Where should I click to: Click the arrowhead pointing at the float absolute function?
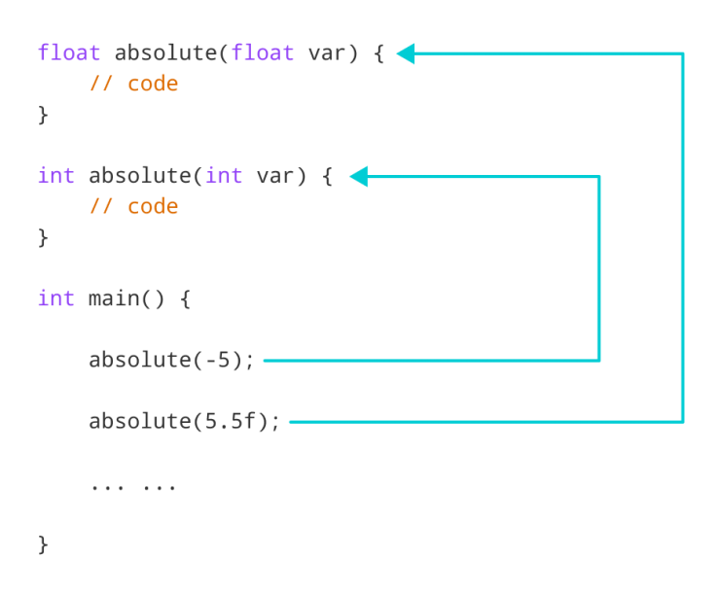pos(406,53)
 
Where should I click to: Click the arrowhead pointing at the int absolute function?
pos(357,176)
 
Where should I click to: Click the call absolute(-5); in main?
pos(171,360)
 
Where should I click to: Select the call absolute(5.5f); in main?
pos(184,421)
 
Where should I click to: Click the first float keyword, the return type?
pos(69,52)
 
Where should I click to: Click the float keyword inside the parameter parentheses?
pos(263,52)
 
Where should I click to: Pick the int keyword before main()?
pos(55,298)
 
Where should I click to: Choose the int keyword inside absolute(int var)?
pos(224,176)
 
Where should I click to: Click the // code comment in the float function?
pos(133,84)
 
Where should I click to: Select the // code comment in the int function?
pos(133,206)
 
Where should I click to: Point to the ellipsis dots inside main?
pos(133,484)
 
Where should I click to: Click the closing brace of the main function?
pos(43,543)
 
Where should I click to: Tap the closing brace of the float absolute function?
pos(43,115)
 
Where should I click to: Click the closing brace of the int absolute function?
pos(43,237)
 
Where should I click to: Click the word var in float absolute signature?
pos(326,52)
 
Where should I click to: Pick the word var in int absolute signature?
pos(275,176)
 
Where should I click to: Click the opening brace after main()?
pos(185,298)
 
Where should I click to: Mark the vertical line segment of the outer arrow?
pos(683,238)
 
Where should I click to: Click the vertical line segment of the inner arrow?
pos(598,268)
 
